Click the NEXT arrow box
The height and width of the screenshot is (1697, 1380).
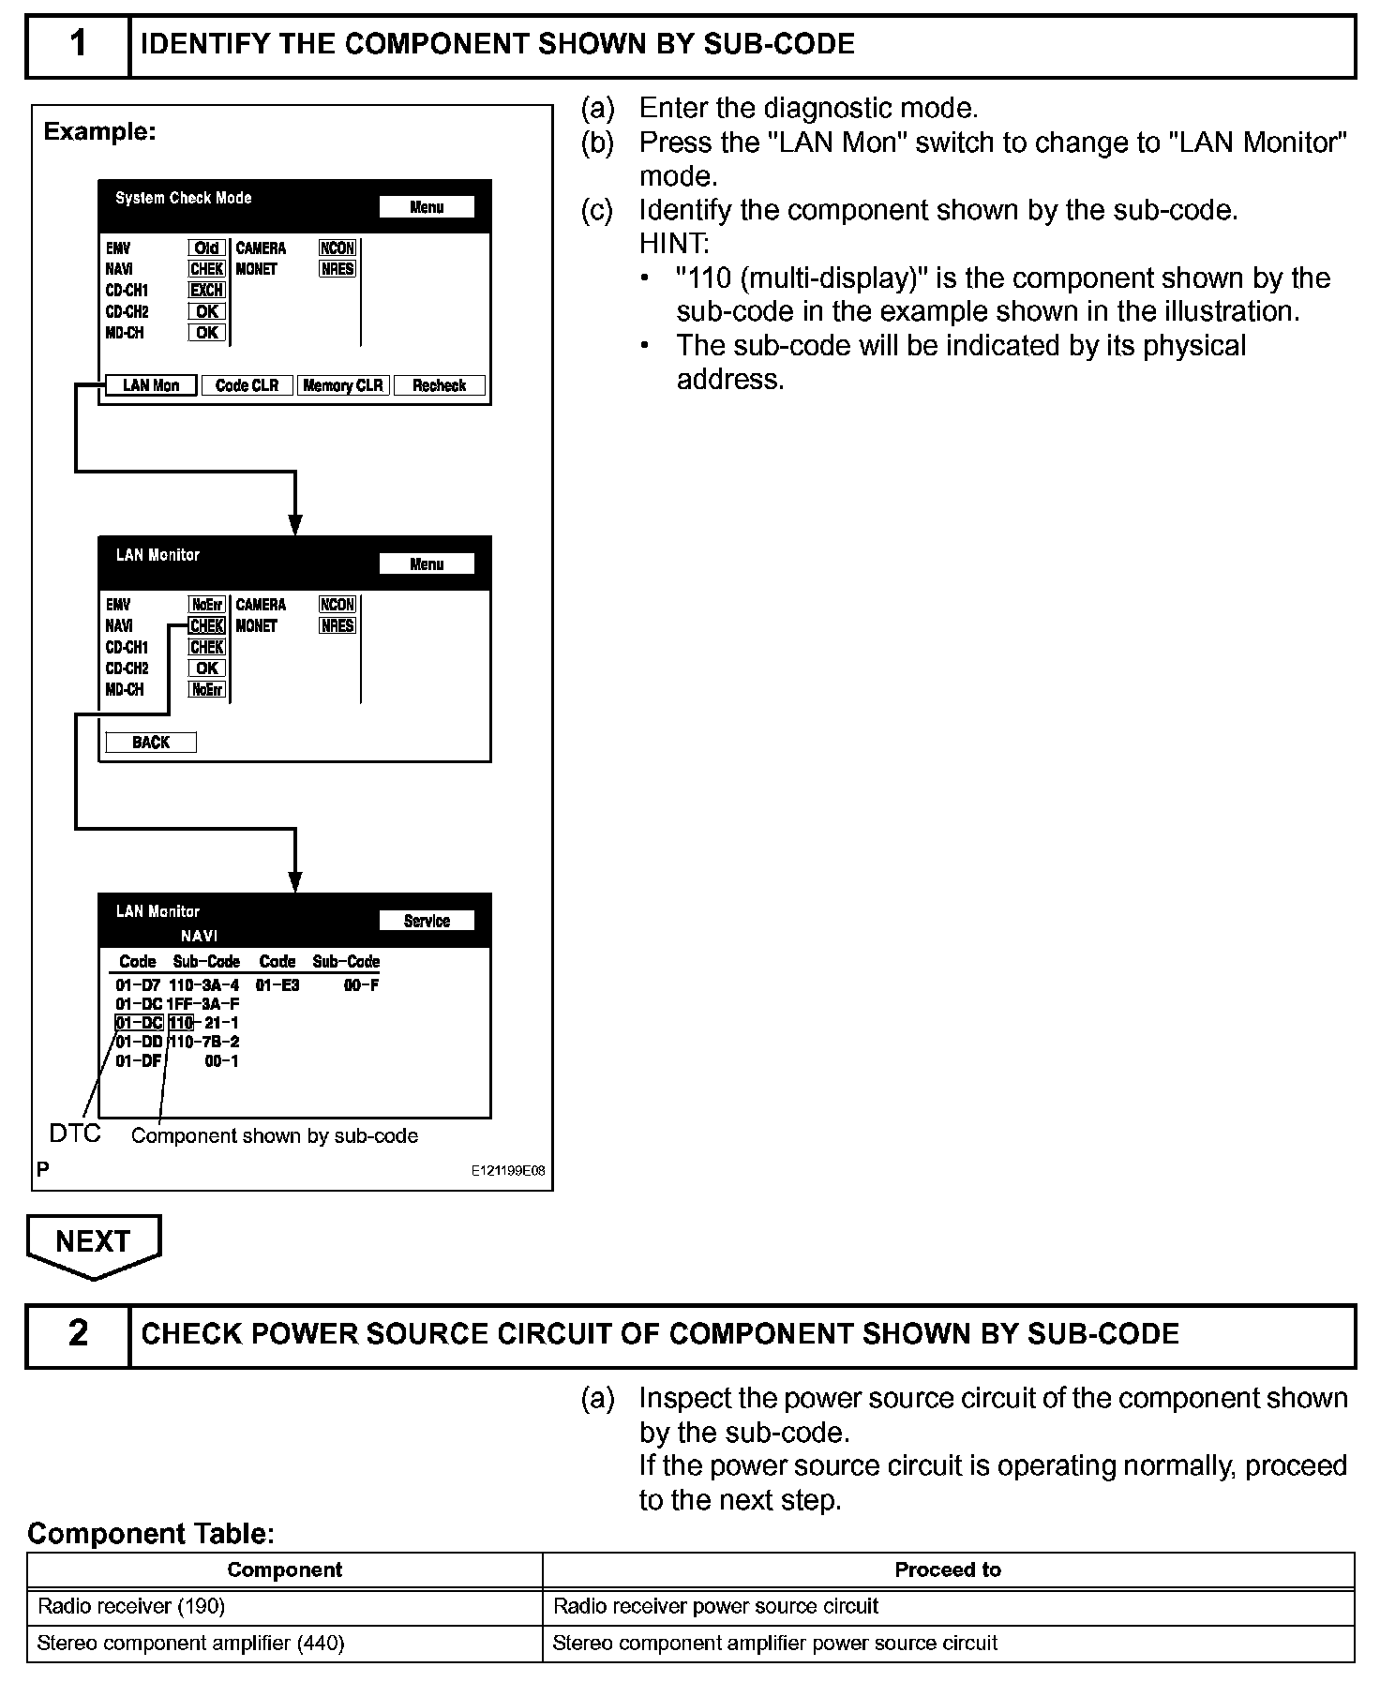click(94, 1242)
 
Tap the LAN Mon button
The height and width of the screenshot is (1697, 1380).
click(150, 385)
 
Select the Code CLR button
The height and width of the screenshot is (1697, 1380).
click(247, 385)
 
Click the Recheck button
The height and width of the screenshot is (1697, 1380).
click(439, 385)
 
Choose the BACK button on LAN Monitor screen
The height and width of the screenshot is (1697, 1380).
click(150, 743)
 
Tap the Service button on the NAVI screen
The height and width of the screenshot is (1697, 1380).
click(427, 921)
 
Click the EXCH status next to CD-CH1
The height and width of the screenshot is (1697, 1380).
click(206, 290)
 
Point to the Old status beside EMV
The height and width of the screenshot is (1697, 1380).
click(206, 248)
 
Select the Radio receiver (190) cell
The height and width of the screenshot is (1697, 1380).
click(131, 1606)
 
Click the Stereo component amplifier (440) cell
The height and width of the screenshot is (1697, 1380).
click(190, 1643)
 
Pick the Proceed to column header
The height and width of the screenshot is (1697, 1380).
click(948, 1569)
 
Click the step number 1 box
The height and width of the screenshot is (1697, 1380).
click(78, 44)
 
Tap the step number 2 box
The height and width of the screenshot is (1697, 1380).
click(78, 1333)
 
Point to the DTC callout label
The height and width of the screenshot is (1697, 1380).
click(74, 1134)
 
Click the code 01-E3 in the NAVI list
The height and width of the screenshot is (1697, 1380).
click(277, 985)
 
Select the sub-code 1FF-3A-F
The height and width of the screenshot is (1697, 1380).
click(203, 1004)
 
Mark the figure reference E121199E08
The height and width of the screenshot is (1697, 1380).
click(508, 1171)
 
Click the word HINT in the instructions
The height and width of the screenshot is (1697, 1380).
click(673, 244)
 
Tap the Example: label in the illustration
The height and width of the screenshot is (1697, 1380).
click(99, 131)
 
